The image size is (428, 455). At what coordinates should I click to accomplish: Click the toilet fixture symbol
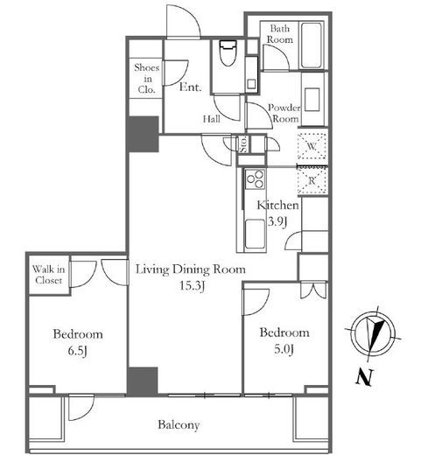pyautogui.click(x=228, y=53)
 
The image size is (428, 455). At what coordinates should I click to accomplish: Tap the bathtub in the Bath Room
pyautogui.click(x=312, y=45)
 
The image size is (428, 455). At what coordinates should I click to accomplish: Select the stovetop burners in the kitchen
pyautogui.click(x=256, y=179)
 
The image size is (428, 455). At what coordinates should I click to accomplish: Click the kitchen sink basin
pyautogui.click(x=255, y=234)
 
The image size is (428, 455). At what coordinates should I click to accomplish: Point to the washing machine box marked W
pyautogui.click(x=312, y=146)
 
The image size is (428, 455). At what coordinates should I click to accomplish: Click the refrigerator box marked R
pyautogui.click(x=312, y=180)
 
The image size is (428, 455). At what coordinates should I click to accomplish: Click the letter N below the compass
pyautogui.click(x=365, y=377)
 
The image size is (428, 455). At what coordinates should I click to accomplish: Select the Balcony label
pyautogui.click(x=179, y=424)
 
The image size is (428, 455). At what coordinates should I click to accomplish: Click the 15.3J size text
pyautogui.click(x=192, y=286)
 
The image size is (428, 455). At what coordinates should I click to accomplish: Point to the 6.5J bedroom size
pyautogui.click(x=78, y=351)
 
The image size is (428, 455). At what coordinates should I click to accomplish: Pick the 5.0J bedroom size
pyautogui.click(x=284, y=349)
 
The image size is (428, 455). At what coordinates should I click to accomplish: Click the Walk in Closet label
pyautogui.click(x=48, y=275)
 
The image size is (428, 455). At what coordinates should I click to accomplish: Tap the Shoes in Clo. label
pyautogui.click(x=146, y=79)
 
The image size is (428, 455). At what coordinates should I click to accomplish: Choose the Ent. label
pyautogui.click(x=190, y=87)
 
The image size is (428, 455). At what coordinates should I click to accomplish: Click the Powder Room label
pyautogui.click(x=284, y=113)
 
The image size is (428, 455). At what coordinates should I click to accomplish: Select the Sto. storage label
pyautogui.click(x=243, y=143)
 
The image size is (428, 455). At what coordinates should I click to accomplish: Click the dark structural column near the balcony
pyautogui.click(x=143, y=381)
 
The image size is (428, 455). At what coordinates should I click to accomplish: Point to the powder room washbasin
pyautogui.click(x=312, y=100)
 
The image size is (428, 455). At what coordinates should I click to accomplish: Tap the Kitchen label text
pyautogui.click(x=277, y=206)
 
